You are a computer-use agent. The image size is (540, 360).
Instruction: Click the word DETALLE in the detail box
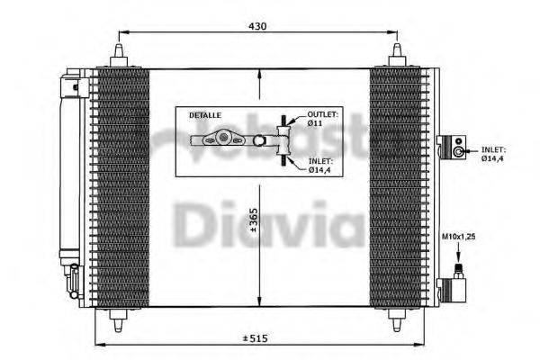pyautogui.click(x=202, y=117)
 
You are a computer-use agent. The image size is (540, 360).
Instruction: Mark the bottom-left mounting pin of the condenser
pyautogui.click(x=119, y=317)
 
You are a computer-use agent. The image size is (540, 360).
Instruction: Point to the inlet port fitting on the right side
pyautogui.click(x=457, y=148)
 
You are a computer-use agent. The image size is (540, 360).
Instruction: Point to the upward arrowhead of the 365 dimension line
pyautogui.click(x=259, y=74)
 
